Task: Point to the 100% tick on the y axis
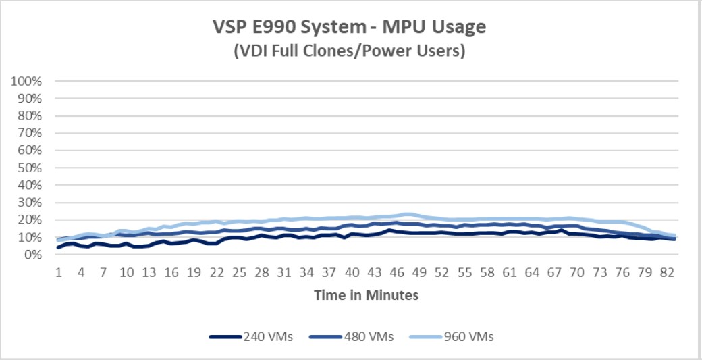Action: [26, 81]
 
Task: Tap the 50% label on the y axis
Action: [29, 168]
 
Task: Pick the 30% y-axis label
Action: [29, 203]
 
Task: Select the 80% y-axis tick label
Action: [29, 115]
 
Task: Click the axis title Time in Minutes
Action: [365, 295]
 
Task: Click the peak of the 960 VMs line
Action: [408, 214]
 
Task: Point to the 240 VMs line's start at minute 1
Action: [59, 247]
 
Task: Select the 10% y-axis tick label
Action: [29, 237]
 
